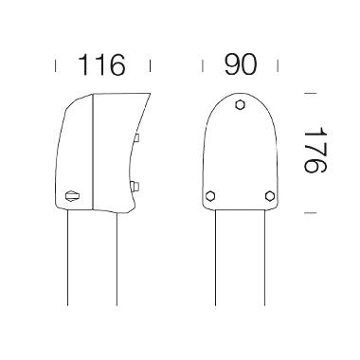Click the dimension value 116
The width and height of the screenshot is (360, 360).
click(101, 65)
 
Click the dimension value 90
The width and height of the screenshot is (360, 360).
click(241, 64)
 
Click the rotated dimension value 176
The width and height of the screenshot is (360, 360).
click(315, 150)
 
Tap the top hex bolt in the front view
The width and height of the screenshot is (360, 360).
click(241, 104)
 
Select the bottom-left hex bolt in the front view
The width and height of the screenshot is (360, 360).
click(210, 196)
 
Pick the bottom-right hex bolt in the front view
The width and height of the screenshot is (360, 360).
click(270, 196)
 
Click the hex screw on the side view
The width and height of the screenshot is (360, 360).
click(72, 196)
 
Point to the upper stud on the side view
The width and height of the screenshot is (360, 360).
click(137, 138)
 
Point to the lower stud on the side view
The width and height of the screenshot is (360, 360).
click(135, 187)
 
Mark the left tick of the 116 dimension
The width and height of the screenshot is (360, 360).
click(56, 66)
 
